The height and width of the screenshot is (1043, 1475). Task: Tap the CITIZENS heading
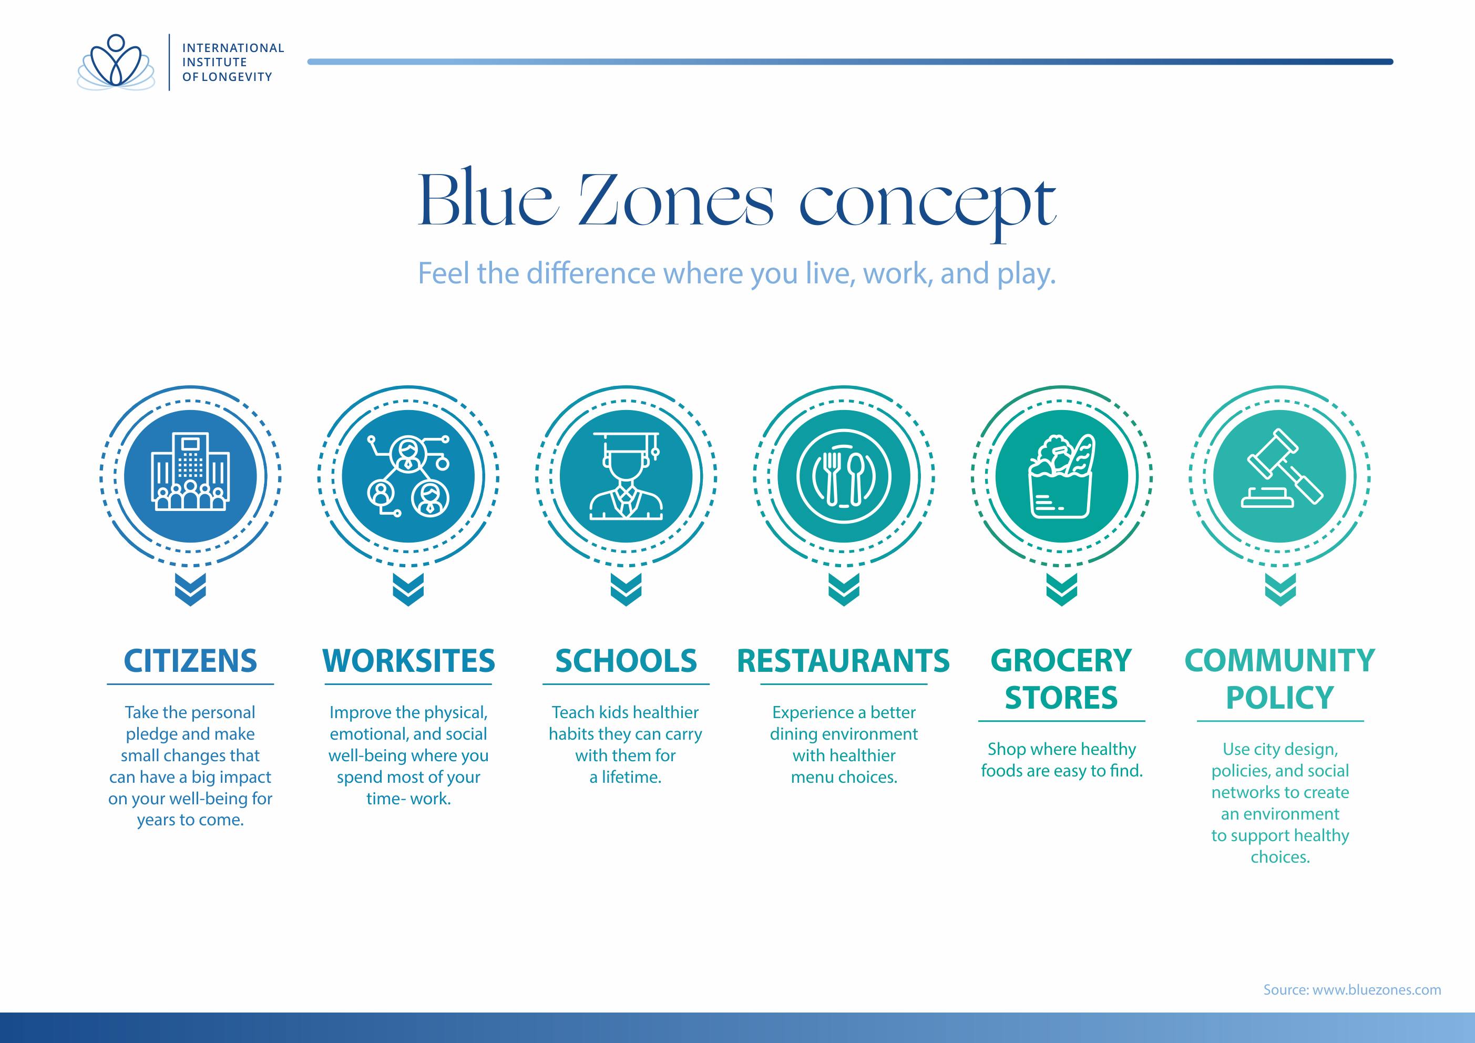tap(190, 661)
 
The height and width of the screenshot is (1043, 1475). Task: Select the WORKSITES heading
tap(408, 661)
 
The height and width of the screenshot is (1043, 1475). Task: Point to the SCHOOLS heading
tap(626, 661)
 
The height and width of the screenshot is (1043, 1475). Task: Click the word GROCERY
tap(1061, 661)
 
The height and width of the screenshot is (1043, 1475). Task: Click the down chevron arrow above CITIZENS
tap(190, 589)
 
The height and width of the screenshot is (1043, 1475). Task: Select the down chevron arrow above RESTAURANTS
tap(844, 589)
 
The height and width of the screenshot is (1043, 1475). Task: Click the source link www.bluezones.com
tap(1376, 990)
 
